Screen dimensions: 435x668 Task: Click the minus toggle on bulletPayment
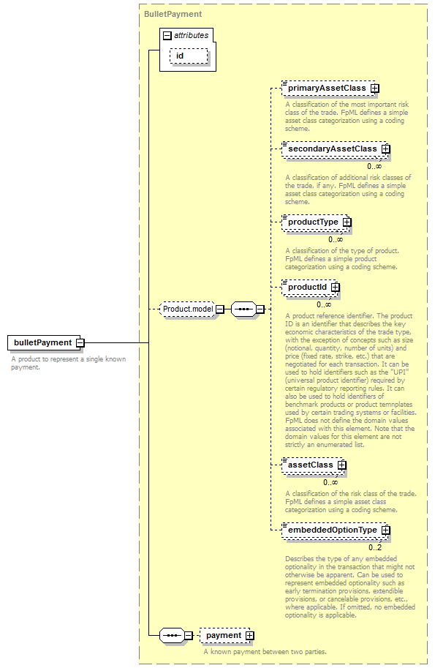coord(80,342)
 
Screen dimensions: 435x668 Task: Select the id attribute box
coord(189,56)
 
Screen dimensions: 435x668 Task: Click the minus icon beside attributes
coord(167,35)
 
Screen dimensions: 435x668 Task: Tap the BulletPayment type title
coord(173,14)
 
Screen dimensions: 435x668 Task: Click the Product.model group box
coord(188,309)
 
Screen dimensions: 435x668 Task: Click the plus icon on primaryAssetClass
coord(374,89)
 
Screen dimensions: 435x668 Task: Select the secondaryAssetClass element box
coord(335,149)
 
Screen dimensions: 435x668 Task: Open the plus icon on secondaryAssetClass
coord(385,149)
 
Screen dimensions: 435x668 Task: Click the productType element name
coord(313,222)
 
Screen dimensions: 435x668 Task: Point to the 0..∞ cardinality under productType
coord(336,239)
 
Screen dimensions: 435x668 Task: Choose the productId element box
coord(310,288)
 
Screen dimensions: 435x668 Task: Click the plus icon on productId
coord(336,288)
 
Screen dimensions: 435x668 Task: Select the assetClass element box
coord(313,465)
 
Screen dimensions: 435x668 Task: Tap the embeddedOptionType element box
coord(335,530)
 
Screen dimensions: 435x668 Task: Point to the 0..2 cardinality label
coord(375,547)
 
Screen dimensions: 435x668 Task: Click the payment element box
coord(225,636)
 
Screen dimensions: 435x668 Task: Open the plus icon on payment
coord(249,636)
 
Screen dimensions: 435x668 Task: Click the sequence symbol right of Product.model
coord(244,309)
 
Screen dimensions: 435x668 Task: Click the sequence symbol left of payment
coord(172,636)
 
